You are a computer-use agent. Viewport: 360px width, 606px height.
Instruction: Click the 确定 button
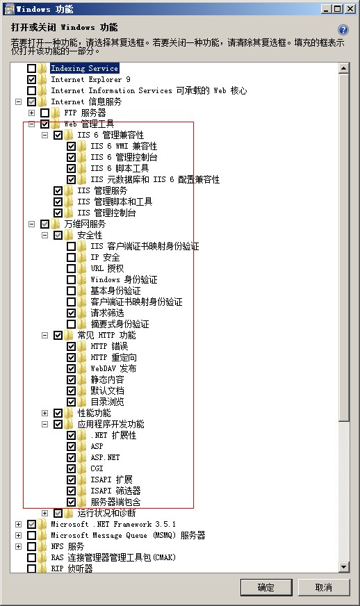pyautogui.click(x=265, y=587)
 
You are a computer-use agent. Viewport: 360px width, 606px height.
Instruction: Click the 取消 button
pyautogui.click(x=324, y=587)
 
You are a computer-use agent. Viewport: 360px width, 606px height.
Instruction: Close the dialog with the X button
pyautogui.click(x=350, y=8)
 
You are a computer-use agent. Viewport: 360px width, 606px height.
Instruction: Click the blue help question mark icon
pyautogui.click(x=343, y=30)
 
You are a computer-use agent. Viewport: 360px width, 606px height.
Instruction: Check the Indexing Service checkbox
pyautogui.click(x=32, y=68)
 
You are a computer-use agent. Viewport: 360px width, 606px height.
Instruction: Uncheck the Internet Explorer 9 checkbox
pyautogui.click(x=32, y=80)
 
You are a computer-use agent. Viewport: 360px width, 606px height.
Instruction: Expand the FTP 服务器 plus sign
pyautogui.click(x=32, y=113)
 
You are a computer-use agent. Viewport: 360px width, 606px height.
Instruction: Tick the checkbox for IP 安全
pyautogui.click(x=71, y=257)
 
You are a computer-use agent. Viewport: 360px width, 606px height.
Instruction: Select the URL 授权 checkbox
pyautogui.click(x=71, y=269)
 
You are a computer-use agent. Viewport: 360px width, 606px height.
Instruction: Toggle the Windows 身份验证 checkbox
pyautogui.click(x=71, y=280)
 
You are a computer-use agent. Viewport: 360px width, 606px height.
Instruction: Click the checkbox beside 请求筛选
pyautogui.click(x=71, y=313)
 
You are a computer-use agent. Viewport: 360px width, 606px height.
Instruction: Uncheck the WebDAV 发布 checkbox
pyautogui.click(x=71, y=369)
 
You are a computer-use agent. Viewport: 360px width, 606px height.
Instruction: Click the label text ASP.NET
pyautogui.click(x=105, y=457)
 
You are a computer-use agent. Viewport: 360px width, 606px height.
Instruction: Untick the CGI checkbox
pyautogui.click(x=71, y=469)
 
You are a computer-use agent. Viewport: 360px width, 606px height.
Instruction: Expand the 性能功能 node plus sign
pyautogui.click(x=45, y=413)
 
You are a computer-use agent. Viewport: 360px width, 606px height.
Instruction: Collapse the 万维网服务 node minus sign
pyautogui.click(x=32, y=224)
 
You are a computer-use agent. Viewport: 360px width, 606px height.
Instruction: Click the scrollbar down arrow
pyautogui.click(x=343, y=567)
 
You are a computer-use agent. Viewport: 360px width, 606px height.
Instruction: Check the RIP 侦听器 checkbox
pyautogui.click(x=32, y=568)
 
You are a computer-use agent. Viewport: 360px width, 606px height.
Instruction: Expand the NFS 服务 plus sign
pyautogui.click(x=19, y=546)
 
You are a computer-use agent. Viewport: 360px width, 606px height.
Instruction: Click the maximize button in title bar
pyautogui.click(x=338, y=8)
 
